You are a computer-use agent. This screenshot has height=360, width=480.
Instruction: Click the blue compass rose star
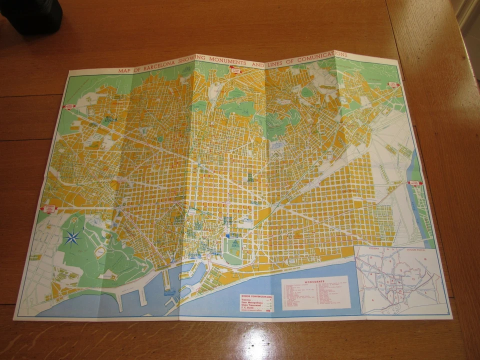[x=73, y=237]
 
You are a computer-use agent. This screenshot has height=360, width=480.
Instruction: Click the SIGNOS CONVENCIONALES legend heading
[x=256, y=295]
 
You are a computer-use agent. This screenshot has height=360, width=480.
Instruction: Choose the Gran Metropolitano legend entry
[x=253, y=303]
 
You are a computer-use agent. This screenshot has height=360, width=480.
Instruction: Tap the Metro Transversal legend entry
[x=252, y=306]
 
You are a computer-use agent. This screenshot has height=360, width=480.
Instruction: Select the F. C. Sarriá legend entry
[x=249, y=310]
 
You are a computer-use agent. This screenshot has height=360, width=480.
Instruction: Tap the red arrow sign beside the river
[x=414, y=183]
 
